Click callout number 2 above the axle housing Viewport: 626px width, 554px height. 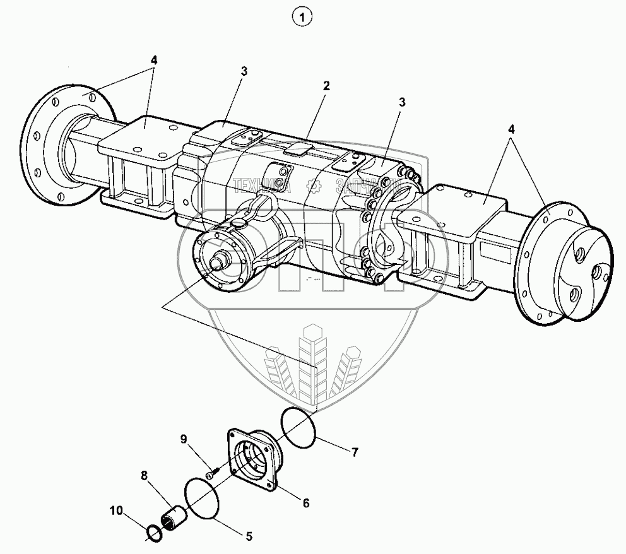[326, 85]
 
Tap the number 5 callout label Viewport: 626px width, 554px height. [249, 536]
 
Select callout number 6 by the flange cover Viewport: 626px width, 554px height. [305, 503]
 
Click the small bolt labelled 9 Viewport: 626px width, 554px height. [212, 470]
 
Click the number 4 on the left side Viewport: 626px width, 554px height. [154, 60]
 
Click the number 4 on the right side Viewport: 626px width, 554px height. [512, 129]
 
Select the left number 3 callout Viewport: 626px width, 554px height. [244, 71]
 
